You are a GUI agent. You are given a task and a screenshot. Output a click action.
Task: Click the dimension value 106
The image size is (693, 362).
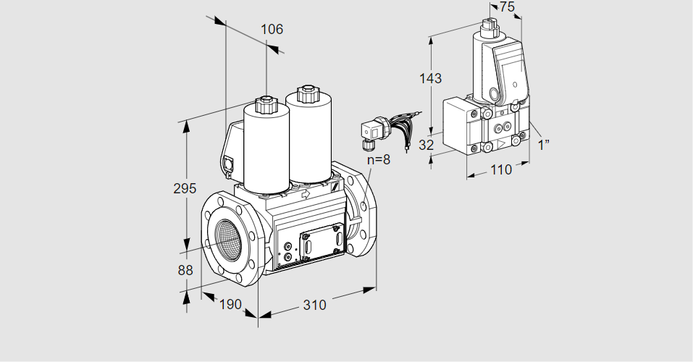click(x=272, y=30)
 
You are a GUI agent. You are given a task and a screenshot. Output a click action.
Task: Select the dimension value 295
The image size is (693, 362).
click(x=185, y=189)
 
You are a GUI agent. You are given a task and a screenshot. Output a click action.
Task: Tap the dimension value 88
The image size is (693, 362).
click(x=185, y=270)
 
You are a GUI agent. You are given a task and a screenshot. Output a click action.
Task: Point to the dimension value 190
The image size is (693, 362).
click(x=230, y=304)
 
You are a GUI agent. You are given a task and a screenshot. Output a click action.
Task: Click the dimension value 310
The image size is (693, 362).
click(x=314, y=306)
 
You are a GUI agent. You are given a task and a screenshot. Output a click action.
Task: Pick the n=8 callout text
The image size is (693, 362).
click(x=377, y=159)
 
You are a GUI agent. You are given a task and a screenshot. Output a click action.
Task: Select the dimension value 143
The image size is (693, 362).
click(x=430, y=78)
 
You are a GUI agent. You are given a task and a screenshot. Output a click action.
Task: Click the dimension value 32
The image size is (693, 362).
click(x=427, y=145)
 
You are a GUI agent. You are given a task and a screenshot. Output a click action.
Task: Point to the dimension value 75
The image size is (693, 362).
click(x=508, y=7)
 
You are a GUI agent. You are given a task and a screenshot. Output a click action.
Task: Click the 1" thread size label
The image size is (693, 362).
click(x=544, y=144)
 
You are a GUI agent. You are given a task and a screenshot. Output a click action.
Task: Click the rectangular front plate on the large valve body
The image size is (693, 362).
click(x=318, y=242)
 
